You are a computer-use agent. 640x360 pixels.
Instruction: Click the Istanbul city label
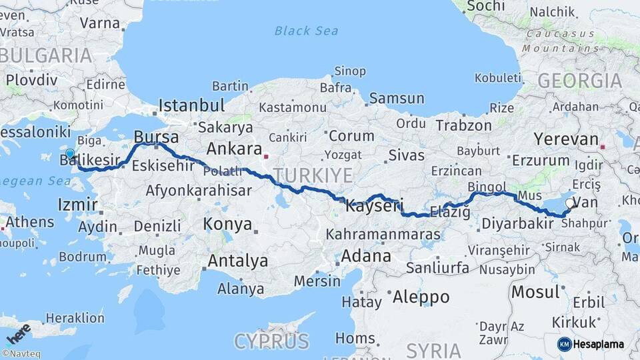(192, 105)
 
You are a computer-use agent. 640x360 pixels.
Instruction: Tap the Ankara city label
(233, 148)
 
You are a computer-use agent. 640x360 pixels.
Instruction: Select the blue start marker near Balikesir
(70, 153)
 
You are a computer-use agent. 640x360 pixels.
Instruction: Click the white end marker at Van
(569, 203)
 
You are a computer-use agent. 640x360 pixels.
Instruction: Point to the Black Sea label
(307, 31)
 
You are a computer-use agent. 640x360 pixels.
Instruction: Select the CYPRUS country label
(271, 341)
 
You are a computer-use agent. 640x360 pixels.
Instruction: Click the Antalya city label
(237, 261)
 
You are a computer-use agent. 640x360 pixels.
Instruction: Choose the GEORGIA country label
(579, 81)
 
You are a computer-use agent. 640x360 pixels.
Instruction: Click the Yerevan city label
(566, 139)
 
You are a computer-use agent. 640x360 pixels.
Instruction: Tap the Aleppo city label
(421, 297)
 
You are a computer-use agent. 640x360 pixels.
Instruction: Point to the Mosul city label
(535, 291)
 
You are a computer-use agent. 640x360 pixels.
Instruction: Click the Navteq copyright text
(20, 354)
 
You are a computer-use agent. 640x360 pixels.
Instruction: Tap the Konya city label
(227, 223)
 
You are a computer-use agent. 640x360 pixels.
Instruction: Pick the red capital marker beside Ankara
(265, 157)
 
